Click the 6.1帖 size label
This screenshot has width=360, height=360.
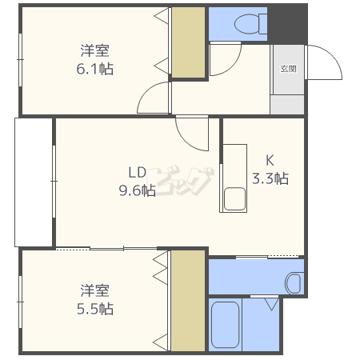coord(94,70)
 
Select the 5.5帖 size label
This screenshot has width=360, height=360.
coord(95,308)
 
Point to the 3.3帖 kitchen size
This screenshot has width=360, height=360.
coord(270,178)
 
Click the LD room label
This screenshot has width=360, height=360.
coord(137,170)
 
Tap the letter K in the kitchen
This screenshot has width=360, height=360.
coord(270,158)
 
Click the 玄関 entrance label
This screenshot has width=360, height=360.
coord(287,69)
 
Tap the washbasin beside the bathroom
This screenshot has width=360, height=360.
coord(293,282)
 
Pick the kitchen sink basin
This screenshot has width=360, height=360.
coord(234,198)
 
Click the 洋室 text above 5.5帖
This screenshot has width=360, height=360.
coord(95,289)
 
